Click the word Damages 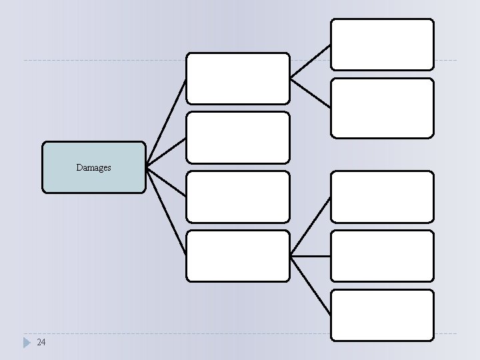coord(93,168)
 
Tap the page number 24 coord(41,342)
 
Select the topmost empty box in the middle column coord(237,78)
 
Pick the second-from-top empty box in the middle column coord(237,137)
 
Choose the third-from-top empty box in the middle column coord(237,197)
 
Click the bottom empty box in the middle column coord(237,256)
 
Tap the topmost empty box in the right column coord(382,44)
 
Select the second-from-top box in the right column coord(382,108)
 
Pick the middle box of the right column coord(382,197)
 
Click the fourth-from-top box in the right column coord(382,256)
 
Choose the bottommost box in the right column coord(382,315)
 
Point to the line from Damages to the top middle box coord(165,123)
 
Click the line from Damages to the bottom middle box coord(165,211)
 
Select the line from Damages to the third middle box coord(165,181)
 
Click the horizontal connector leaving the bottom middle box coord(310,256)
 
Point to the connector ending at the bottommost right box coord(310,285)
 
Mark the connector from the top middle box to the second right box coord(310,93)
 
